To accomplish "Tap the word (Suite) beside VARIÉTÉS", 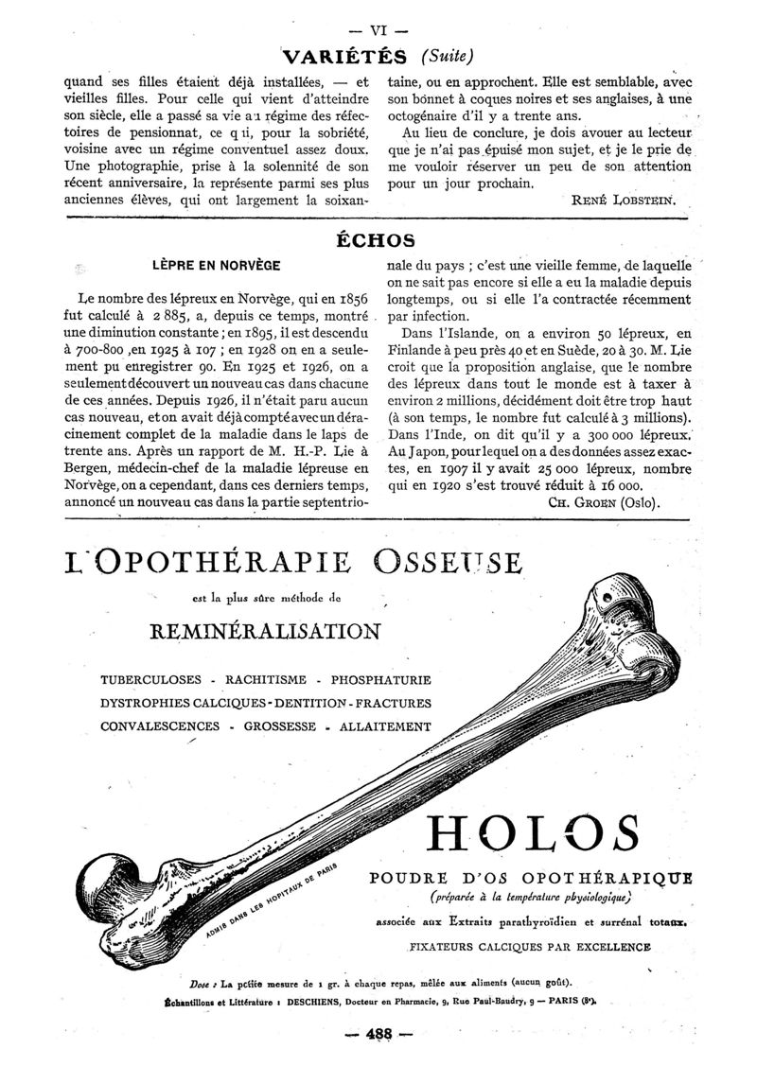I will coord(443,55).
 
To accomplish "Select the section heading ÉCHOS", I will coord(377,240).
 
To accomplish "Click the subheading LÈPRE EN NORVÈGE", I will coord(217,265).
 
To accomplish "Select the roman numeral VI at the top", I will coord(378,26).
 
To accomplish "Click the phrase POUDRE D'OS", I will coord(437,876).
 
